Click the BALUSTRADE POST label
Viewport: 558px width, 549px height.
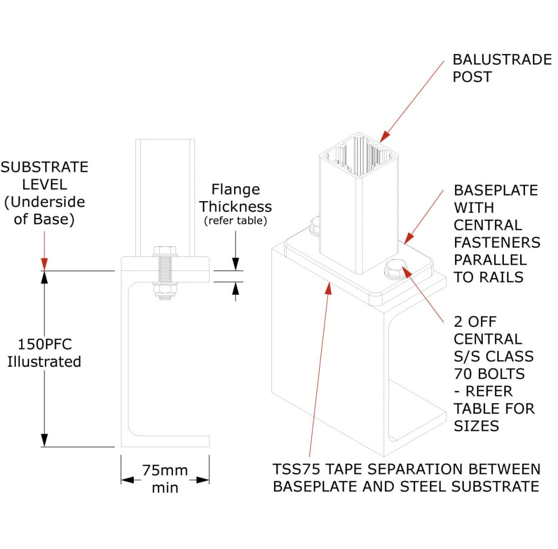tap(502, 68)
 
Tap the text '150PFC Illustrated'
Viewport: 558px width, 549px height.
tap(44, 353)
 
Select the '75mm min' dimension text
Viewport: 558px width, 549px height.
tap(165, 479)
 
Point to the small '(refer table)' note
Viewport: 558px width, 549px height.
tap(235, 221)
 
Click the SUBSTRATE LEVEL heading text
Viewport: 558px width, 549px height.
tap(44, 175)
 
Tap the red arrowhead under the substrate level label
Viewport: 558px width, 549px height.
tap(44, 263)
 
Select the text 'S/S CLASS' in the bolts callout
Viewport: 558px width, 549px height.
tap(493, 356)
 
